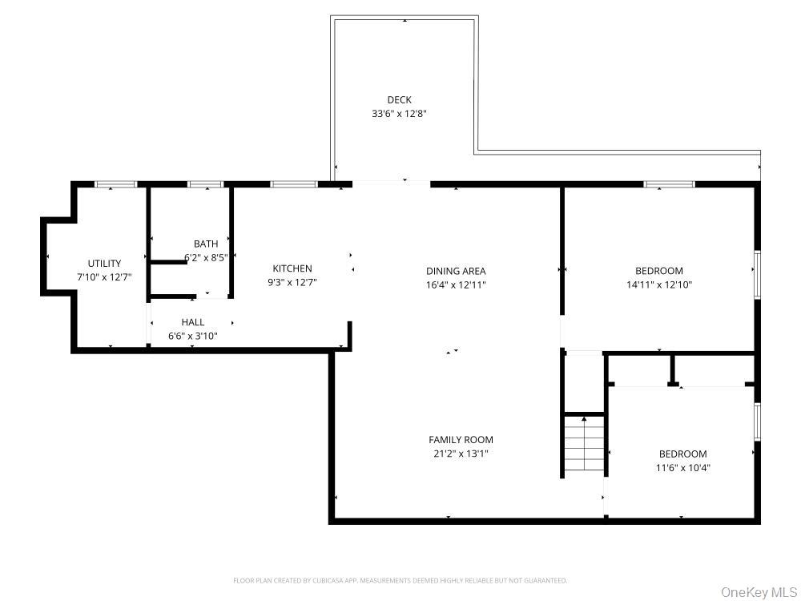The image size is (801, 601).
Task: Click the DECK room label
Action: pyautogui.click(x=399, y=99)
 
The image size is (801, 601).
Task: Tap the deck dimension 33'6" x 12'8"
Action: pyautogui.click(x=399, y=114)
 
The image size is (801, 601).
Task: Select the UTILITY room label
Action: pyautogui.click(x=104, y=263)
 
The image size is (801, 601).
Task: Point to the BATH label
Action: pyautogui.click(x=206, y=244)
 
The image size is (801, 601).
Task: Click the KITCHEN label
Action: pyautogui.click(x=292, y=268)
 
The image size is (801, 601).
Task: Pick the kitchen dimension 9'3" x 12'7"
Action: pyautogui.click(x=292, y=282)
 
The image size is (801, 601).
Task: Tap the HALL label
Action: pyautogui.click(x=192, y=322)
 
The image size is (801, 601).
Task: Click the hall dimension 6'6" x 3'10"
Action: pyautogui.click(x=192, y=336)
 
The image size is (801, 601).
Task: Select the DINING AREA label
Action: pyautogui.click(x=456, y=271)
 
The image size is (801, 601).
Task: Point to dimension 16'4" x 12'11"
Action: pyautogui.click(x=456, y=284)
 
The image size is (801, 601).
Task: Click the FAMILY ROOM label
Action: pyautogui.click(x=461, y=439)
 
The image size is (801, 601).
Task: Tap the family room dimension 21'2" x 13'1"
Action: pyautogui.click(x=461, y=454)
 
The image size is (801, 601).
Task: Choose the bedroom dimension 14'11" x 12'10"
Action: pyautogui.click(x=659, y=284)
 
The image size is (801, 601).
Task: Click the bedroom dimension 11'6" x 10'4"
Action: pyautogui.click(x=683, y=468)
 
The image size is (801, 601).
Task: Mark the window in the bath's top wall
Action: pyautogui.click(x=205, y=184)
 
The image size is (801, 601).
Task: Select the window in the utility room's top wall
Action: pyautogui.click(x=116, y=184)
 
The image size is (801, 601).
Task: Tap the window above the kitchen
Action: pyautogui.click(x=293, y=184)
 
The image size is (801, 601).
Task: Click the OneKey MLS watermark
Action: pyautogui.click(x=759, y=592)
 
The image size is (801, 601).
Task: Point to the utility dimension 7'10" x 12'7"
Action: pyautogui.click(x=104, y=277)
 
